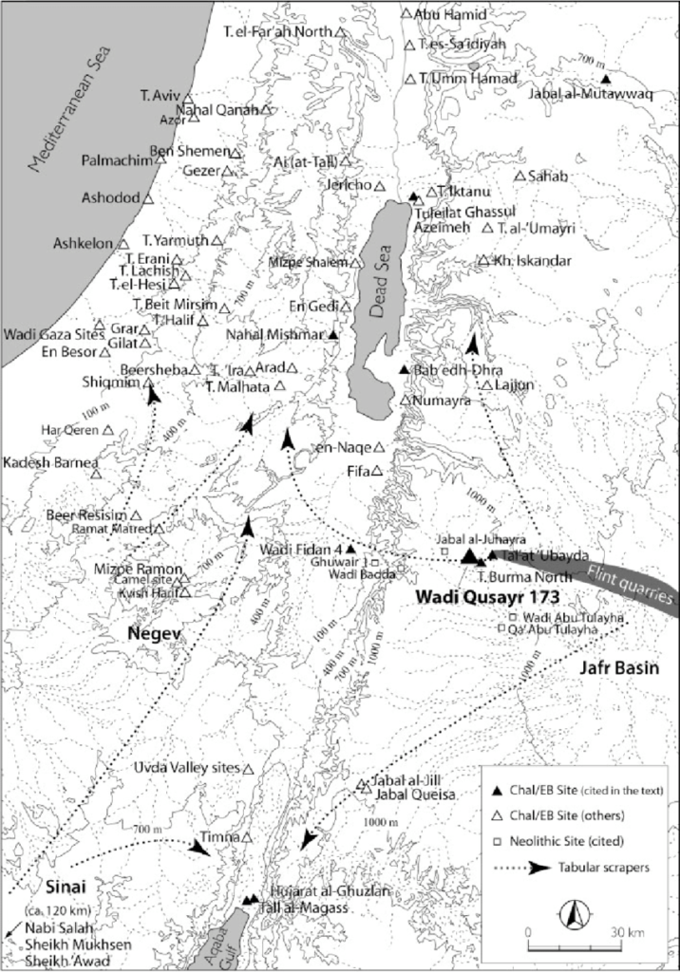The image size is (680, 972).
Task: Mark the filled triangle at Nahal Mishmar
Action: [333, 335]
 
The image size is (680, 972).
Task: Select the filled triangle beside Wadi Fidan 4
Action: [350, 549]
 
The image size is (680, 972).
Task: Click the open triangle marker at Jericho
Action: [379, 186]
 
